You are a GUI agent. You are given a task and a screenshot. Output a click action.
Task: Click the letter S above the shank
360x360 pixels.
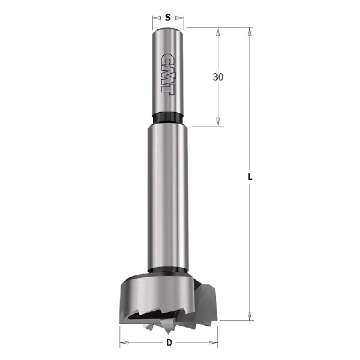[167, 18]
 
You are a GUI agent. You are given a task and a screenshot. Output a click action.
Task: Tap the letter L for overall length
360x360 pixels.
[250, 178]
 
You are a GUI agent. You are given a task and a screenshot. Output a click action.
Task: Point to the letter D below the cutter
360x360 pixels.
[169, 343]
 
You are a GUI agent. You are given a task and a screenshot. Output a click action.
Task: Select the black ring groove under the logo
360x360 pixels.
[167, 116]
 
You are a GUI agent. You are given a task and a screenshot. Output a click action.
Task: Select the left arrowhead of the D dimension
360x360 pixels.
[124, 343]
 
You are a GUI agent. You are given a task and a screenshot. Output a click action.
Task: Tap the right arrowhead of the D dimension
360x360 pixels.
[214, 343]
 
